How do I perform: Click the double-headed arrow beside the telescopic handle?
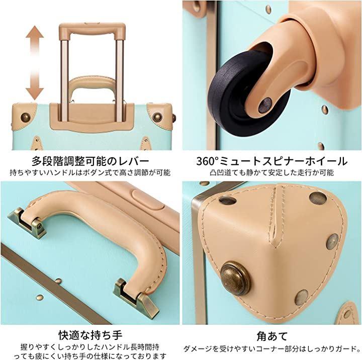[35, 63]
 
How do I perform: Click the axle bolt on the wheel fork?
[265, 105]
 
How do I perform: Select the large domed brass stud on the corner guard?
[235, 278]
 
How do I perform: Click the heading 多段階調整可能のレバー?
[90, 161]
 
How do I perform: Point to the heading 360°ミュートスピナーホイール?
[271, 161]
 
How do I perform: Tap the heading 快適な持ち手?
[90, 335]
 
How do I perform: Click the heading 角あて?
[271, 336]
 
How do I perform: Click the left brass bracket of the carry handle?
[27, 222]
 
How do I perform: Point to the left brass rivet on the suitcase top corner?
[26, 117]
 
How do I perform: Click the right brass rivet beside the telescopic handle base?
[157, 117]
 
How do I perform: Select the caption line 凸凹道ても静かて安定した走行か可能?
[271, 172]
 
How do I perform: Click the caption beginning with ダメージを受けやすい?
[272, 348]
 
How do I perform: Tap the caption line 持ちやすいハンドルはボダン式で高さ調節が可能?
[90, 172]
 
